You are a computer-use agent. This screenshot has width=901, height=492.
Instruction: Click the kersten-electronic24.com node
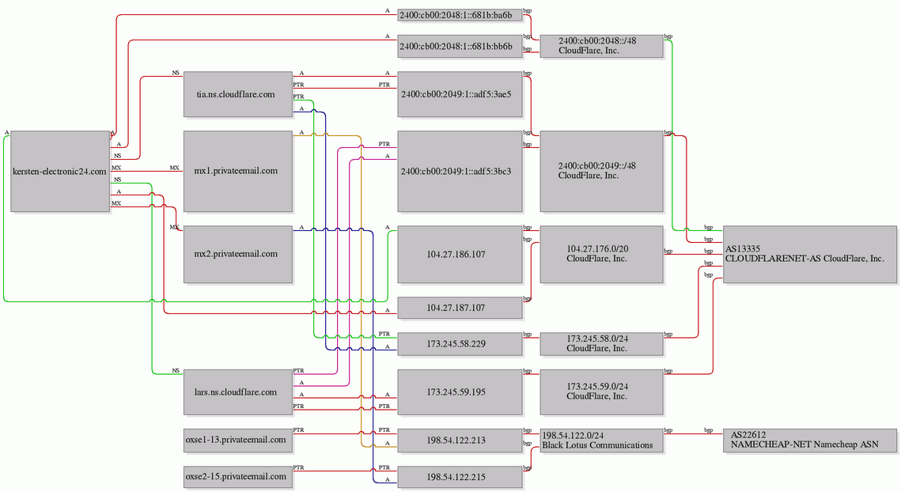[60, 172]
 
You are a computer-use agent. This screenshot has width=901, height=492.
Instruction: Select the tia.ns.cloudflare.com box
[238, 94]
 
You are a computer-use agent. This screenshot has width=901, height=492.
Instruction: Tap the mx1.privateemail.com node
[238, 172]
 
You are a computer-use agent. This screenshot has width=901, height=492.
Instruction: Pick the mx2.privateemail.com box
[238, 254]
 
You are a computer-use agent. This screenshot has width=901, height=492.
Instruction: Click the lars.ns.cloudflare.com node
[238, 392]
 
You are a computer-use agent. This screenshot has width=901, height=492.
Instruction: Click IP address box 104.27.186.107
[460, 254]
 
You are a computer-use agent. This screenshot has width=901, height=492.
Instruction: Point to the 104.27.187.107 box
[460, 308]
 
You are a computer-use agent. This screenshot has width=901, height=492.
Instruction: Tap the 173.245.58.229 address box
[460, 344]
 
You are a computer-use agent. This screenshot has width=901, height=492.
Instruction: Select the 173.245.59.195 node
[460, 392]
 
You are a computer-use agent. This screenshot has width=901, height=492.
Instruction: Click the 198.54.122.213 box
[460, 441]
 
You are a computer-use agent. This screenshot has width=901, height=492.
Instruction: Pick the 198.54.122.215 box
[460, 477]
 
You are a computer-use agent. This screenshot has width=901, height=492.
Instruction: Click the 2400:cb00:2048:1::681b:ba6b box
[460, 15]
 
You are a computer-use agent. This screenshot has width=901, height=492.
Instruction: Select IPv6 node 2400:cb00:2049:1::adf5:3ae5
[460, 94]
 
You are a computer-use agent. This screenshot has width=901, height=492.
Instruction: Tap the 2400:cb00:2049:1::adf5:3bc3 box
[460, 172]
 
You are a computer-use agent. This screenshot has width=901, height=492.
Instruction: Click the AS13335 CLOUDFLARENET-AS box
[810, 254]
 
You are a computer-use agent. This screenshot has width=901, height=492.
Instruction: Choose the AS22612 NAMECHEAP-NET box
[810, 440]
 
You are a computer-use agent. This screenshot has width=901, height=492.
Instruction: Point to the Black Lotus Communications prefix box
[602, 441]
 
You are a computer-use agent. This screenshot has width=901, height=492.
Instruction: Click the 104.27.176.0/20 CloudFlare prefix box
[602, 254]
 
